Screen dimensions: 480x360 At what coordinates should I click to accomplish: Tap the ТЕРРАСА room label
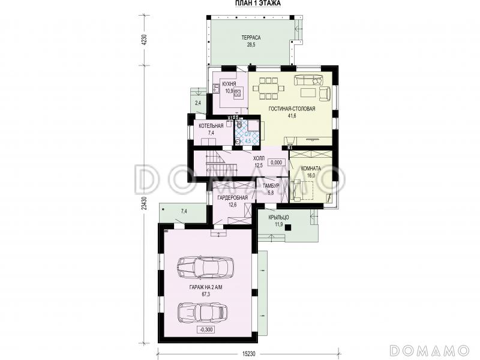coord(251,38)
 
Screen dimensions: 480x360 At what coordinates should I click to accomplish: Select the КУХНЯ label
coord(229,83)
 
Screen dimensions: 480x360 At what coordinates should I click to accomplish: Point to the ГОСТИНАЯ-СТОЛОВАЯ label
coord(292,109)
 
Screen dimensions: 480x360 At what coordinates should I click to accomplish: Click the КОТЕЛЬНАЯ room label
coord(211,126)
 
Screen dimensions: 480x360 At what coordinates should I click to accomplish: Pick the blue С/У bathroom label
coord(248,134)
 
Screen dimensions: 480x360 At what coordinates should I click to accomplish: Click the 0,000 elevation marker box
coord(277,163)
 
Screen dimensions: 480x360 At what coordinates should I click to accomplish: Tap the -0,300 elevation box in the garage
coord(206,329)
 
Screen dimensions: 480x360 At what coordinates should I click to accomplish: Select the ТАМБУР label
coord(271,186)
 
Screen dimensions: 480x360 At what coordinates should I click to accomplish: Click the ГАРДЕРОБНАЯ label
coord(232,198)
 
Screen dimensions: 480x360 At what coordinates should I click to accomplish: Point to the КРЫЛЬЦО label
coord(278,217)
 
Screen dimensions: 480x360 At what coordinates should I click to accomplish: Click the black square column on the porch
coord(287,227)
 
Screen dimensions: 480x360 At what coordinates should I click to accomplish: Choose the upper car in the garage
coord(205,267)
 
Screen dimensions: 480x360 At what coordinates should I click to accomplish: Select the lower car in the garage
coord(202,312)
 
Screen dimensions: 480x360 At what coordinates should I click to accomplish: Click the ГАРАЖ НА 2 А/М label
coord(206,288)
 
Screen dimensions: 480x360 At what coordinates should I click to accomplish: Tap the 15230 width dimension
coord(249,353)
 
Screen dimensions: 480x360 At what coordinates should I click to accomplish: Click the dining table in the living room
coord(268,88)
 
